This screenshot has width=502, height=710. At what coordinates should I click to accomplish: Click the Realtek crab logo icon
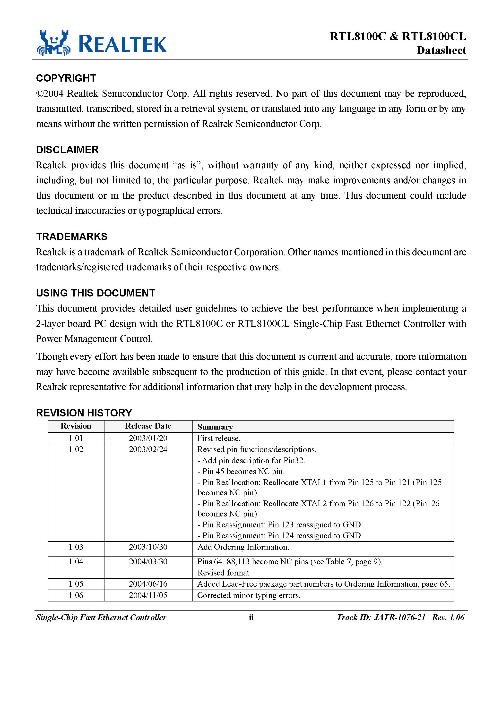[x=53, y=43]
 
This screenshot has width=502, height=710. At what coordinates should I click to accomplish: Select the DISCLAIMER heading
[x=67, y=150]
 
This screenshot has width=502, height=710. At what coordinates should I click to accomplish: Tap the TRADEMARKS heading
[x=71, y=237]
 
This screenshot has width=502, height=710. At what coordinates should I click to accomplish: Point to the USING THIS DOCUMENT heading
[x=95, y=293]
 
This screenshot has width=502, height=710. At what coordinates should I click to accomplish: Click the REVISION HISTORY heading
[x=84, y=413]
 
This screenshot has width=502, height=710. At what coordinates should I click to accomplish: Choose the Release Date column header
[x=148, y=426]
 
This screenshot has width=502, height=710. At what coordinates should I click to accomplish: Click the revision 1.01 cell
[x=76, y=438]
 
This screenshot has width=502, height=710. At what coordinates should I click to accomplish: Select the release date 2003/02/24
[x=148, y=449]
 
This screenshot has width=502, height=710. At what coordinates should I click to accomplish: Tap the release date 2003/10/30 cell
[x=148, y=547]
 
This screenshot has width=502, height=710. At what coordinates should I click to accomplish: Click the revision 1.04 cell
[x=76, y=562]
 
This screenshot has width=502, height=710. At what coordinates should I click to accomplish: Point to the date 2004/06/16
[x=148, y=584]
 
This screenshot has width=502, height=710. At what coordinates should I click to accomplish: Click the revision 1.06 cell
[x=76, y=595]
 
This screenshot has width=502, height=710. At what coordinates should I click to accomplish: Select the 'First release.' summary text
[x=218, y=438]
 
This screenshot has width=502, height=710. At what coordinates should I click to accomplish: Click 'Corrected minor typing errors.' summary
[x=249, y=595]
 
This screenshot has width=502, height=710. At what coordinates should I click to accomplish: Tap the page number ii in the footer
[x=251, y=617]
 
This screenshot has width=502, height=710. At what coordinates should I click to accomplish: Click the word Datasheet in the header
[x=441, y=51]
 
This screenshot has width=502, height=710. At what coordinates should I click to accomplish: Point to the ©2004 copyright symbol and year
[x=50, y=94]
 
